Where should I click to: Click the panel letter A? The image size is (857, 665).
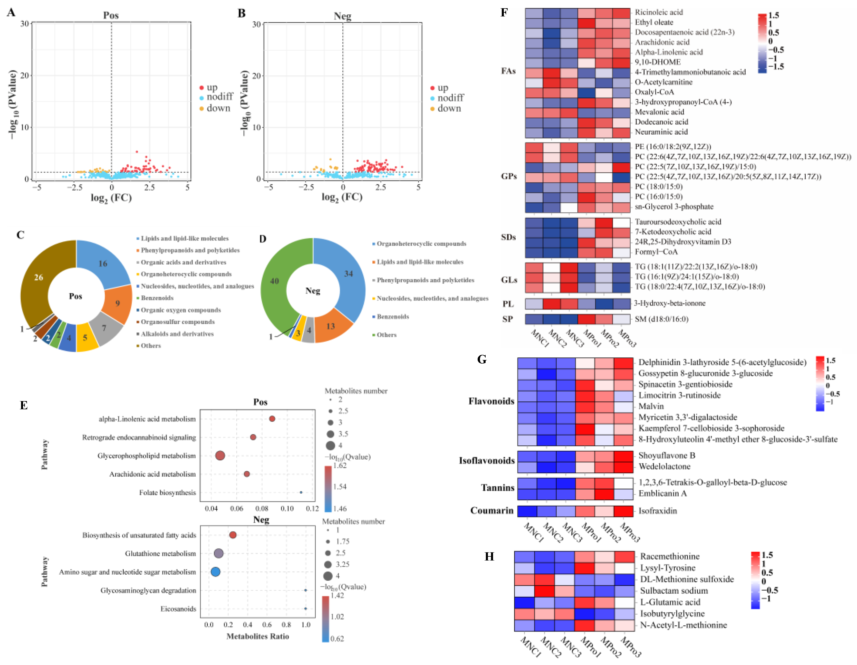tap(11, 13)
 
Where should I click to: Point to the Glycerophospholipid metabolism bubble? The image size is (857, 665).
tap(220, 456)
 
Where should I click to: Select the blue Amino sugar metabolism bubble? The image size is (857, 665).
tap(215, 572)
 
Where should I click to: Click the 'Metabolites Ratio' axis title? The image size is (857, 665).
tap(257, 636)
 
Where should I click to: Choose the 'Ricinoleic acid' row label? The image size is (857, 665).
tap(659, 12)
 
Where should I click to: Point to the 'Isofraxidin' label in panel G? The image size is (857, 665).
tap(657, 511)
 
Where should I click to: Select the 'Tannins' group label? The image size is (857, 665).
tap(498, 488)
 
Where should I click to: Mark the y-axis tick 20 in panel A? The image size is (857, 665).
tap(24, 75)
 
